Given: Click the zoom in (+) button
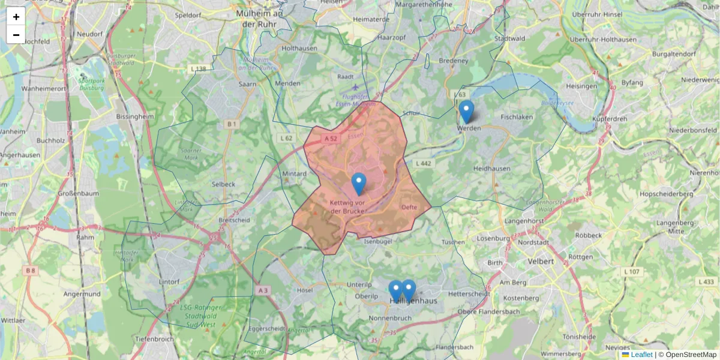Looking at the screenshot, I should click(x=16, y=16).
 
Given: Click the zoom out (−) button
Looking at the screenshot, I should click(x=16, y=34).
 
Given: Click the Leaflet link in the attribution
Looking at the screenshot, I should click(x=641, y=355).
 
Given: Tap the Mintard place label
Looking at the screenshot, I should click(x=294, y=174).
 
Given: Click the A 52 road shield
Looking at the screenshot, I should click(x=331, y=139).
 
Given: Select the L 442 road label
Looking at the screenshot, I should click(x=423, y=163).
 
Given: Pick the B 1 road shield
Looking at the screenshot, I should click(x=232, y=124).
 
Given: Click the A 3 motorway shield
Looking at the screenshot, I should click(x=263, y=290).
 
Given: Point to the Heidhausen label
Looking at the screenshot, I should click(x=491, y=169).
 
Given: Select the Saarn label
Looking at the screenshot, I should click(x=247, y=85).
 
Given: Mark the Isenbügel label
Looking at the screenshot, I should click(x=379, y=242).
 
